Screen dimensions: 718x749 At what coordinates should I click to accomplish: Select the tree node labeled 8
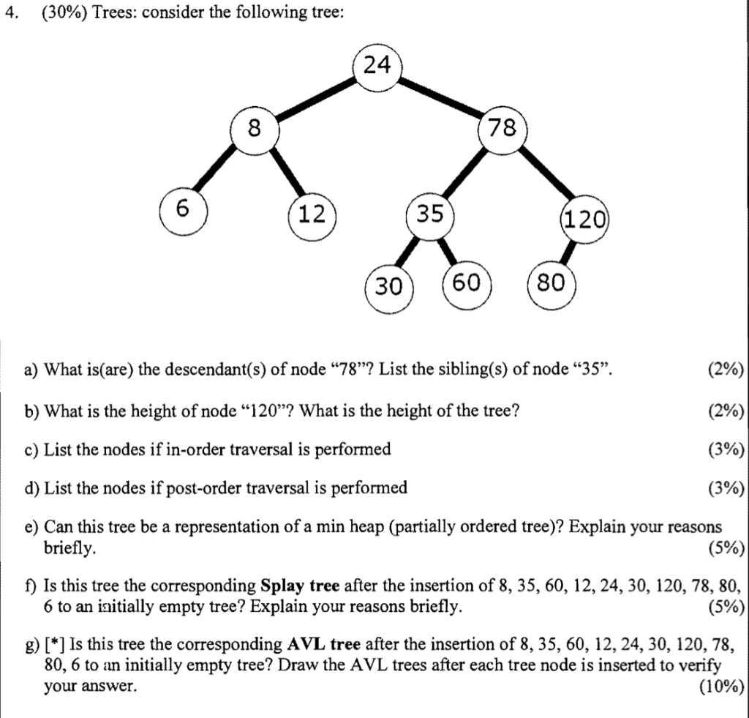254,130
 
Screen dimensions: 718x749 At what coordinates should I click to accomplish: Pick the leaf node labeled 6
184,210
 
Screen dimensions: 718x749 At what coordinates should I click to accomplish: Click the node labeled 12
312,214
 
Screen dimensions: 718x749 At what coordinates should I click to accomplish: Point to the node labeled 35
429,214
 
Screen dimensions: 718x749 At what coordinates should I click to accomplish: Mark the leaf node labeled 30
388,287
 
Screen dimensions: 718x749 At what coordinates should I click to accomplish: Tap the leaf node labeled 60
467,283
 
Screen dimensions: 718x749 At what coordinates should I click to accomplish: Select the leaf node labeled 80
552,283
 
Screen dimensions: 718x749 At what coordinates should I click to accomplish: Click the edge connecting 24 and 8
315,100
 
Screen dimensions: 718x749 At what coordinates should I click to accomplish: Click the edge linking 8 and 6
218,171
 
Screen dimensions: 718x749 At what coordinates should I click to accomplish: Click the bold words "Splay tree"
299,586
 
